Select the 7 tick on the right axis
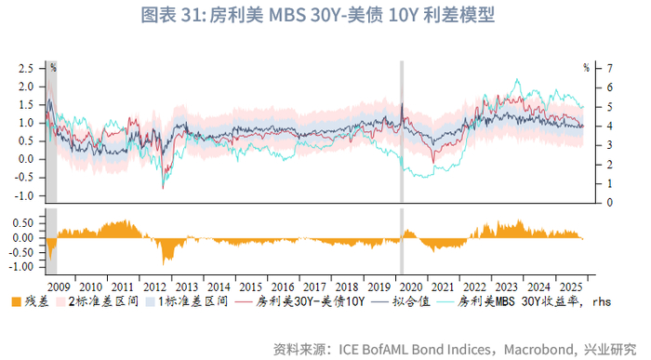coord(610,68)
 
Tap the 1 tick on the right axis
coord(610,183)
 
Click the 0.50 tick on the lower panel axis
coord(22,223)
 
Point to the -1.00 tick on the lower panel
coord(20,266)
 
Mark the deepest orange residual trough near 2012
coord(167,261)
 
